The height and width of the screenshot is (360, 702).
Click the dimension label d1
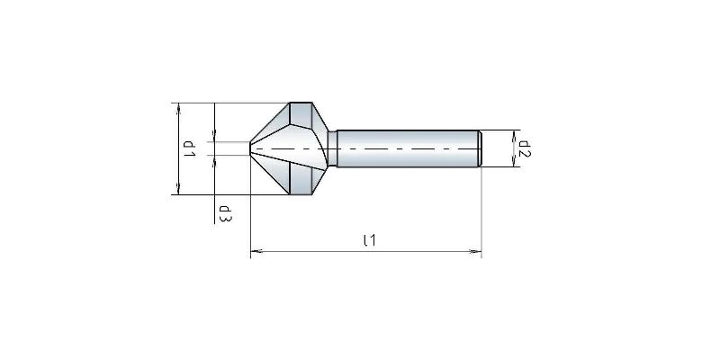coord(190,148)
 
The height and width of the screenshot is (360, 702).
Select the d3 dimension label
coord(223,213)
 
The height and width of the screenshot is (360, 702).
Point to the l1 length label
coord(367,240)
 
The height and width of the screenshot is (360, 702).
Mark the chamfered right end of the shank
coord(480,148)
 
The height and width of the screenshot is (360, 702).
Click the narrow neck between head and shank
coord(332,148)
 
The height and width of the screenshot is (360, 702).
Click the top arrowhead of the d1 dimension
coord(178,107)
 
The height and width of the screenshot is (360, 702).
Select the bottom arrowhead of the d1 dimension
coord(178,189)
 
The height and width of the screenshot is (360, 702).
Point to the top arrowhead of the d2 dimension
coord(514,135)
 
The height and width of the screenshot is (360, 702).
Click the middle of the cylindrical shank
coord(405,148)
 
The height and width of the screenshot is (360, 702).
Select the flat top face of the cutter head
coord(302,111)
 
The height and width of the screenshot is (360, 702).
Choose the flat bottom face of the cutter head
coord(302,186)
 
